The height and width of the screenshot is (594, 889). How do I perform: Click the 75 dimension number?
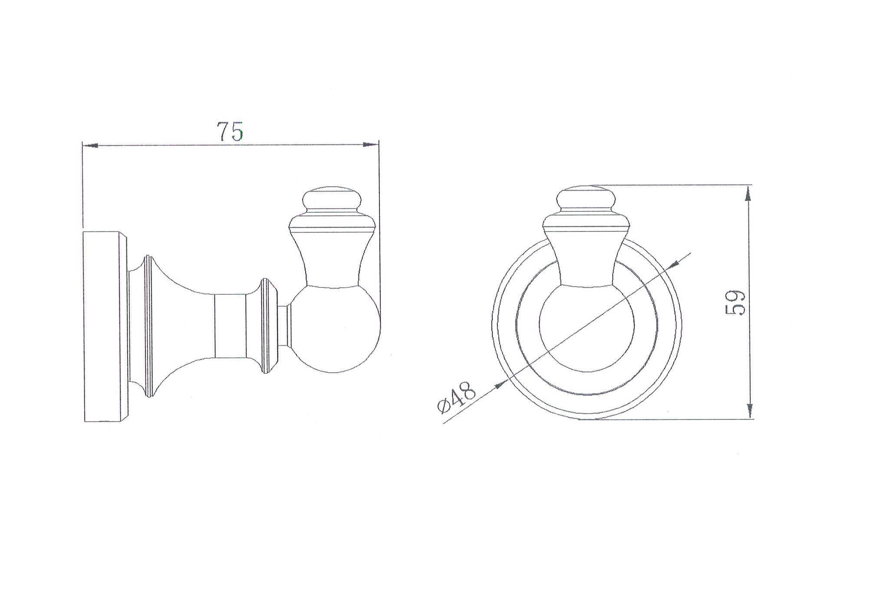point(230,132)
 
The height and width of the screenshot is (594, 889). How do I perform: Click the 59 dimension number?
point(734,302)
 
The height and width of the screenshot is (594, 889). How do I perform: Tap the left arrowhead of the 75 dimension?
point(90,145)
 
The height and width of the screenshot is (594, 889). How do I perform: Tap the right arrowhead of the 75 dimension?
point(371,145)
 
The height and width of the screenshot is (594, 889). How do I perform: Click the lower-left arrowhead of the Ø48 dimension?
point(502,383)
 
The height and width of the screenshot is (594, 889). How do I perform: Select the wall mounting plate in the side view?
point(104,326)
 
